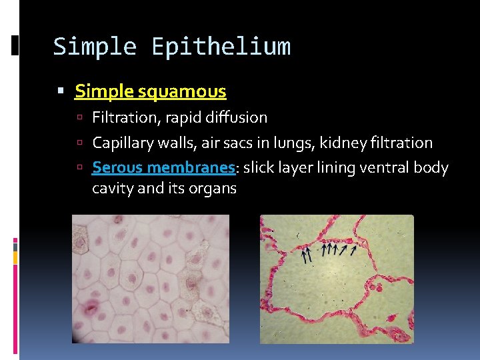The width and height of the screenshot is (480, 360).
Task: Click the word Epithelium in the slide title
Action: [221, 47]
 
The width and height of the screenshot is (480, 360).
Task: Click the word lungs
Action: [295, 143]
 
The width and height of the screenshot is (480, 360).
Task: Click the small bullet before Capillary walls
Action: [79, 143]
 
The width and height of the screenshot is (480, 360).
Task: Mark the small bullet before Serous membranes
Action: [79, 168]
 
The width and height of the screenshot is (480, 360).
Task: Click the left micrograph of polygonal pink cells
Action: [150, 279]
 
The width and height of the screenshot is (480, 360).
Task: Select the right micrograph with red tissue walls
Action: [337, 279]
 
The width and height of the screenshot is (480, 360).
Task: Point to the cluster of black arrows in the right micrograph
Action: [329, 251]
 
